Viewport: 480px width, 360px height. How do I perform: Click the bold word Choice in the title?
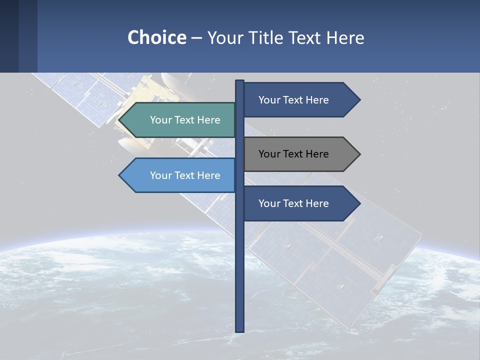(x=156, y=37)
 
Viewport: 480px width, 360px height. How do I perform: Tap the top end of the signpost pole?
(x=239, y=81)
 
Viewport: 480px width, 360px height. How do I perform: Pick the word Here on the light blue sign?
(x=208, y=175)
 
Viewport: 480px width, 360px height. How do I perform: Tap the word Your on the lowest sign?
(x=269, y=203)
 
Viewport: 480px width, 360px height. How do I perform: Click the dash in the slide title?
(x=196, y=37)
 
